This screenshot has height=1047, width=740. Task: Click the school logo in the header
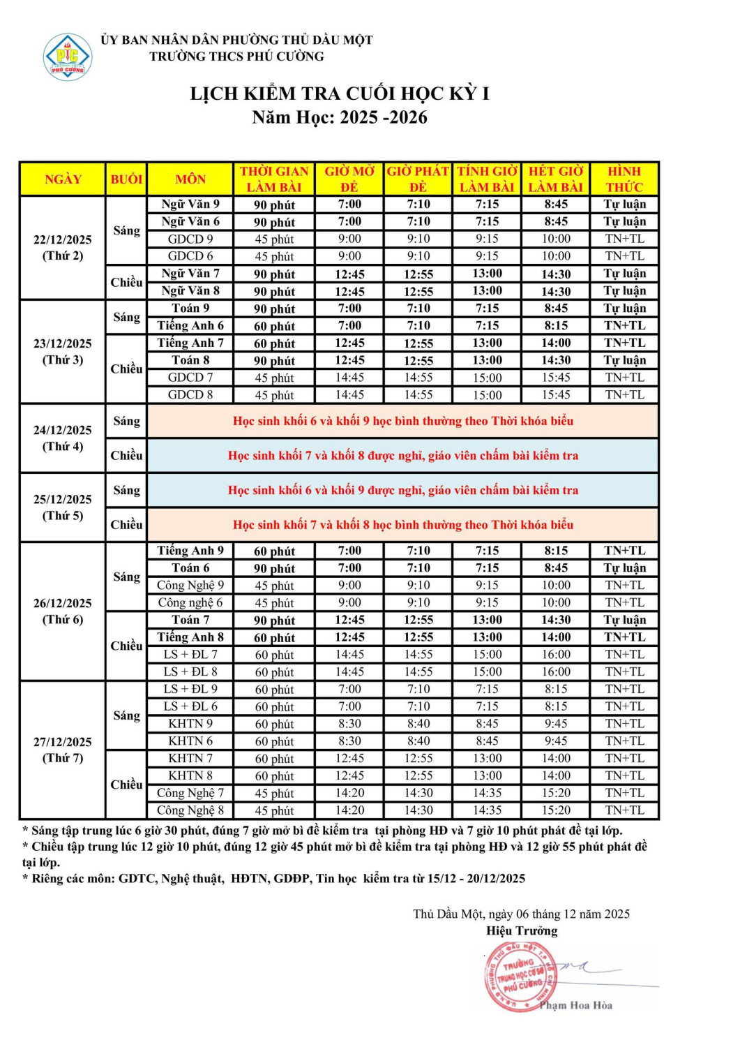(68, 57)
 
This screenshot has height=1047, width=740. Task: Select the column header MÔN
(190, 179)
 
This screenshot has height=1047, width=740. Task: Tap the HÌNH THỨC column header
(624, 179)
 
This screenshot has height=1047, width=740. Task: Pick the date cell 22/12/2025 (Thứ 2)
(63, 248)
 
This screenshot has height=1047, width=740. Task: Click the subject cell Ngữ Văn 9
(190, 205)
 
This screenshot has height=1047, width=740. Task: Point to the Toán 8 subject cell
(190, 360)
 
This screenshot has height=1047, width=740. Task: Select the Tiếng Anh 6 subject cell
(190, 326)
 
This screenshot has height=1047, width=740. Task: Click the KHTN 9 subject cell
(190, 724)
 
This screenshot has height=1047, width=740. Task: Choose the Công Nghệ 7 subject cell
(190, 793)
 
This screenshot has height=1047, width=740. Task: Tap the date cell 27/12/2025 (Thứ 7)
(63, 750)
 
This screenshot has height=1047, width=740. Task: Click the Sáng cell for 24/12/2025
(126, 421)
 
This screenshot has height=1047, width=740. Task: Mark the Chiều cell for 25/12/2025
(126, 525)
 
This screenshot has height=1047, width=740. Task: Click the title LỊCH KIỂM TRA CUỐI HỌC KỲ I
(340, 94)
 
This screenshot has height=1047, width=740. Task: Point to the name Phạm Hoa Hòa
(575, 1006)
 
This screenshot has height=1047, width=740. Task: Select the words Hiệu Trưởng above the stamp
(522, 930)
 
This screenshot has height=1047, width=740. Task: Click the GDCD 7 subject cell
(190, 378)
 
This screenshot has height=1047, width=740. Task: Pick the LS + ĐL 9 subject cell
(190, 689)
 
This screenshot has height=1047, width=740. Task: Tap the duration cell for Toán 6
(274, 568)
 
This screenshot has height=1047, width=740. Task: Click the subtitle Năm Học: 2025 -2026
(340, 117)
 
